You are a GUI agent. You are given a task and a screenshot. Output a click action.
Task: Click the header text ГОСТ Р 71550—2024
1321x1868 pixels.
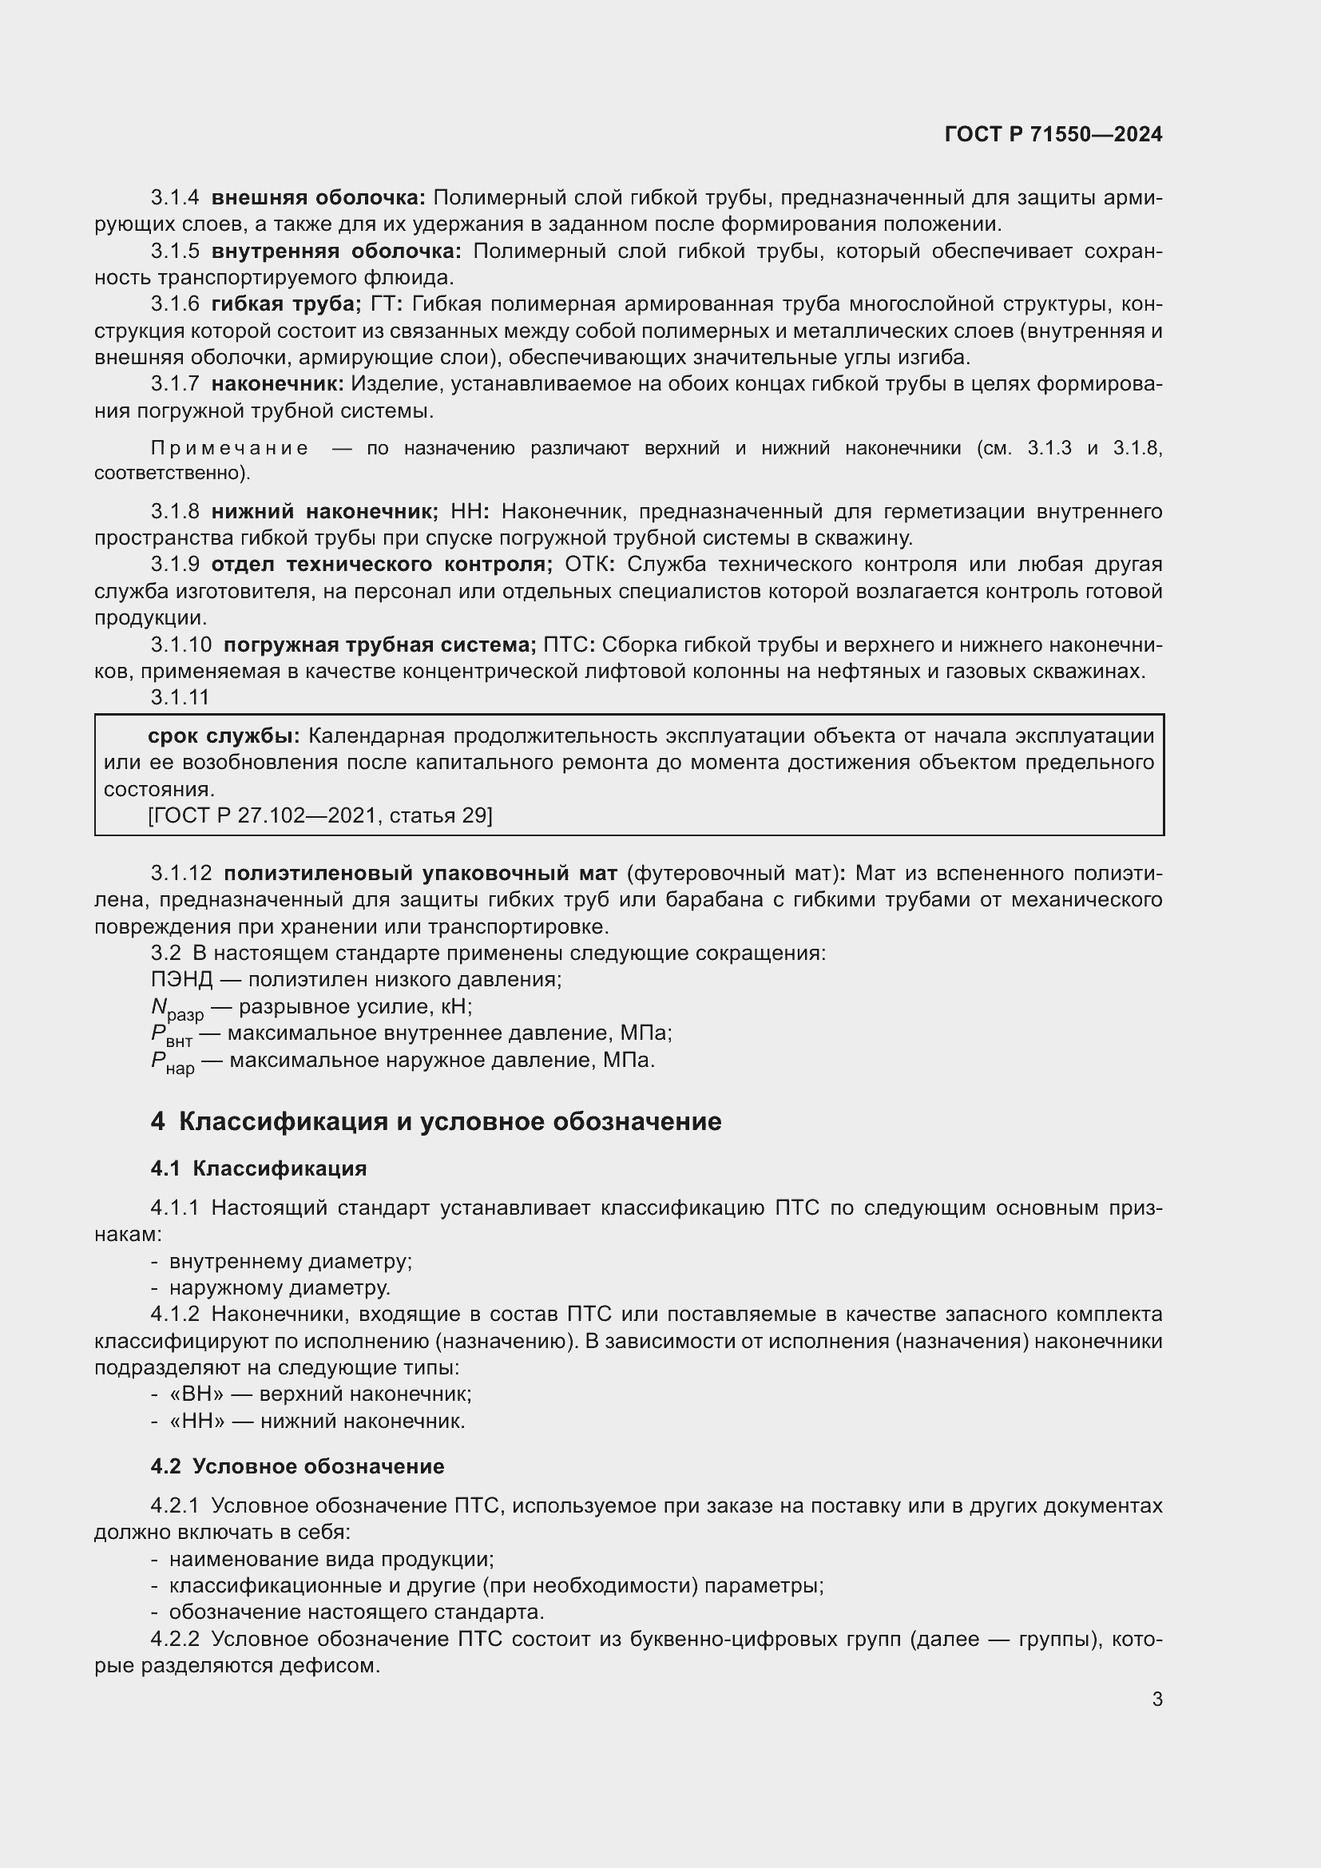[x=1053, y=135]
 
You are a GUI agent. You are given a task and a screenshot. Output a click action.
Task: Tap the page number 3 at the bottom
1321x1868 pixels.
[x=1156, y=1699]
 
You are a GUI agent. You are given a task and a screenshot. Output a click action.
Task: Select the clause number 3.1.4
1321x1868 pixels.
[x=175, y=198]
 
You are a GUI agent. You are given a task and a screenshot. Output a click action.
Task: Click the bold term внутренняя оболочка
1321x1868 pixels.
[x=336, y=252]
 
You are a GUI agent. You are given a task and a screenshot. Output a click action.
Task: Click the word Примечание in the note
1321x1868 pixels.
[x=230, y=448]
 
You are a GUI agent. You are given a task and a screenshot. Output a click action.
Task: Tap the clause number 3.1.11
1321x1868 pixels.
[x=180, y=697]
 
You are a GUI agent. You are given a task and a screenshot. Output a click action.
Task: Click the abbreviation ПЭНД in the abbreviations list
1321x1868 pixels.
[x=181, y=980]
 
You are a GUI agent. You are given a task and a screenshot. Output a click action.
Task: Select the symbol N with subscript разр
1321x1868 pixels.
[x=177, y=1009]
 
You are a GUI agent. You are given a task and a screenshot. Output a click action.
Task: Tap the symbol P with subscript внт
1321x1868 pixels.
[x=171, y=1036]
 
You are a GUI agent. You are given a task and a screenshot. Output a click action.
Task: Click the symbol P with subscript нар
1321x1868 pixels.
[x=173, y=1062]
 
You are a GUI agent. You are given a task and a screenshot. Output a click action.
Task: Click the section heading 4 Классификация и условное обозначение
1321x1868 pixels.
[x=436, y=1122]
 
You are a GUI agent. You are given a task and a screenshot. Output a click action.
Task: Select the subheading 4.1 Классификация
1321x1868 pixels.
[x=259, y=1169]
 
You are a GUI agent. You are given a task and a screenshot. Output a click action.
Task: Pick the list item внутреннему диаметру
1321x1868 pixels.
[x=291, y=1262]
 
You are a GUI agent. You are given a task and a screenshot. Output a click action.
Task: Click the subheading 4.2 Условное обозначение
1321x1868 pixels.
[x=297, y=1467]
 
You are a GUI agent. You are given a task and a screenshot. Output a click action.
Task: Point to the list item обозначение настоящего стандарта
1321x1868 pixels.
[x=356, y=1612]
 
